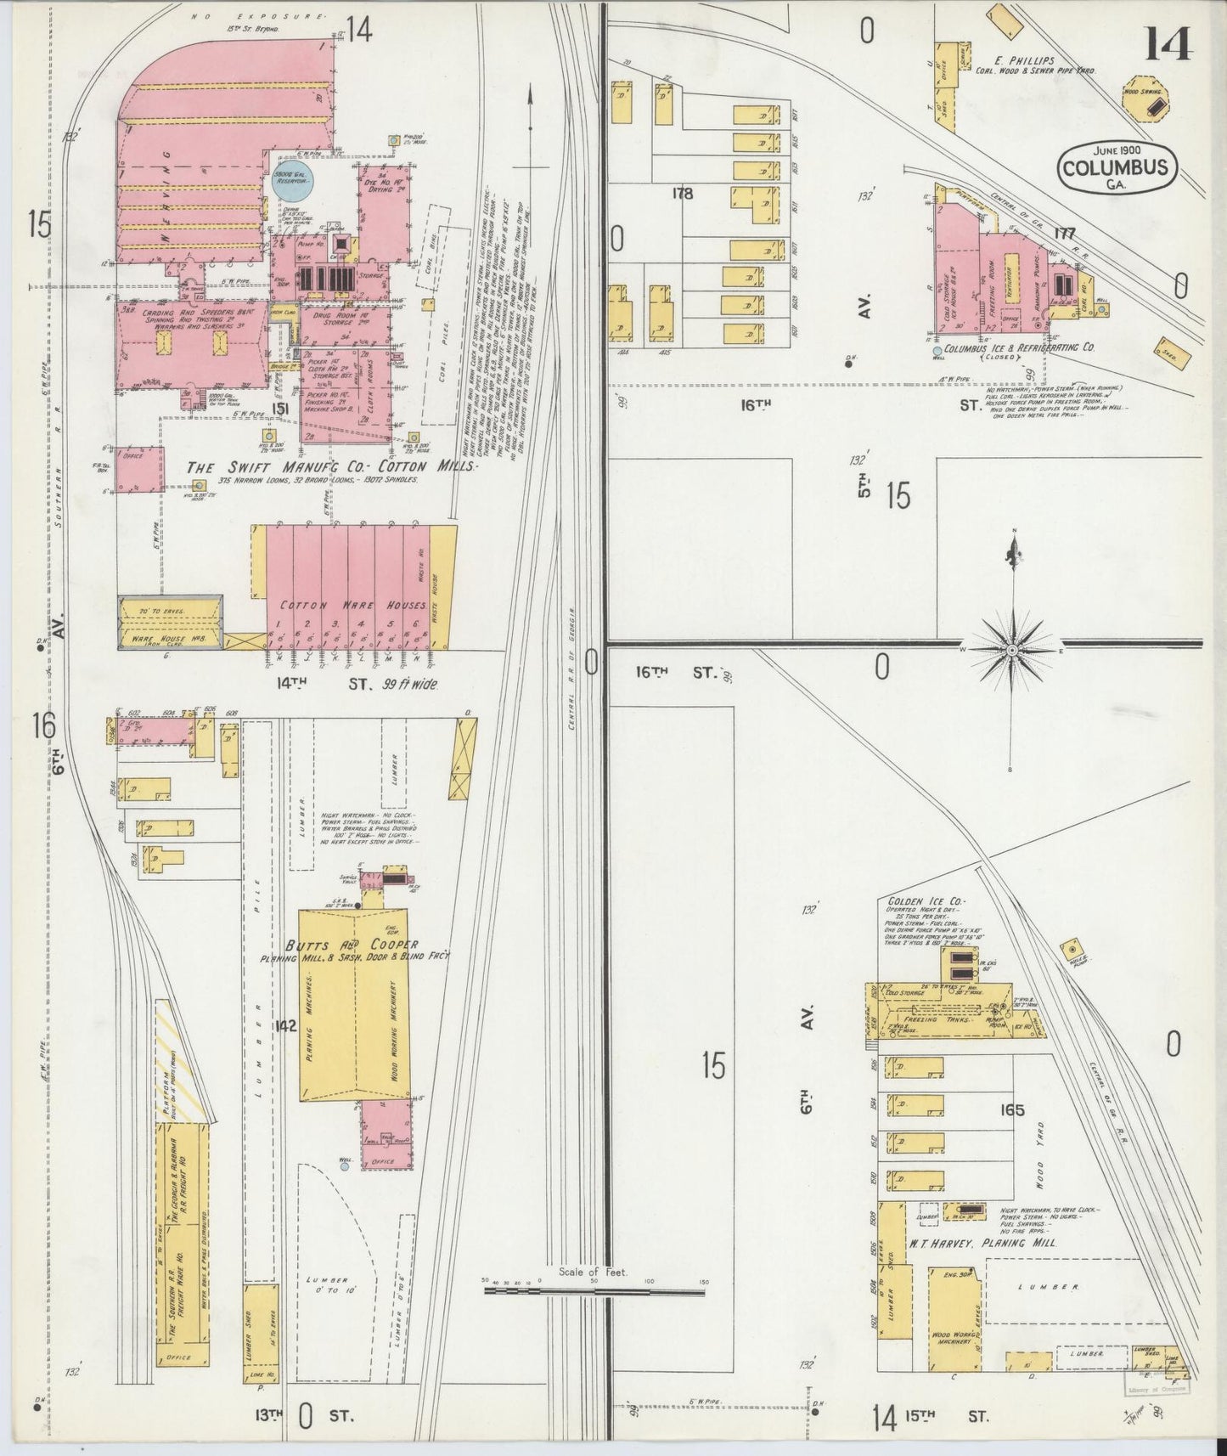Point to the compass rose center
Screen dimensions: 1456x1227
point(1012,650)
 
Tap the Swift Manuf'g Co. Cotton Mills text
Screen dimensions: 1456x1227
point(331,467)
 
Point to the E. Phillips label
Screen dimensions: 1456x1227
point(1026,60)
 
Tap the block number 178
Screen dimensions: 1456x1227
point(682,194)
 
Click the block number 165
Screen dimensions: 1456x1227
point(1013,1109)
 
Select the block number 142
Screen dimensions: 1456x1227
point(284,1026)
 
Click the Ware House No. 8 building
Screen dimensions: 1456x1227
point(170,623)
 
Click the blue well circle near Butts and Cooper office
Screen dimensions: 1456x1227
point(345,1167)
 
